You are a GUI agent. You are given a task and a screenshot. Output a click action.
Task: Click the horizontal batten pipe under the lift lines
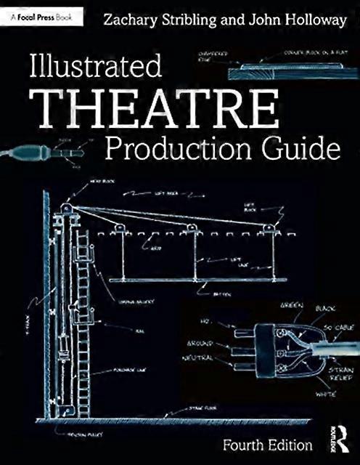pyautogui.click(x=196, y=280)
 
